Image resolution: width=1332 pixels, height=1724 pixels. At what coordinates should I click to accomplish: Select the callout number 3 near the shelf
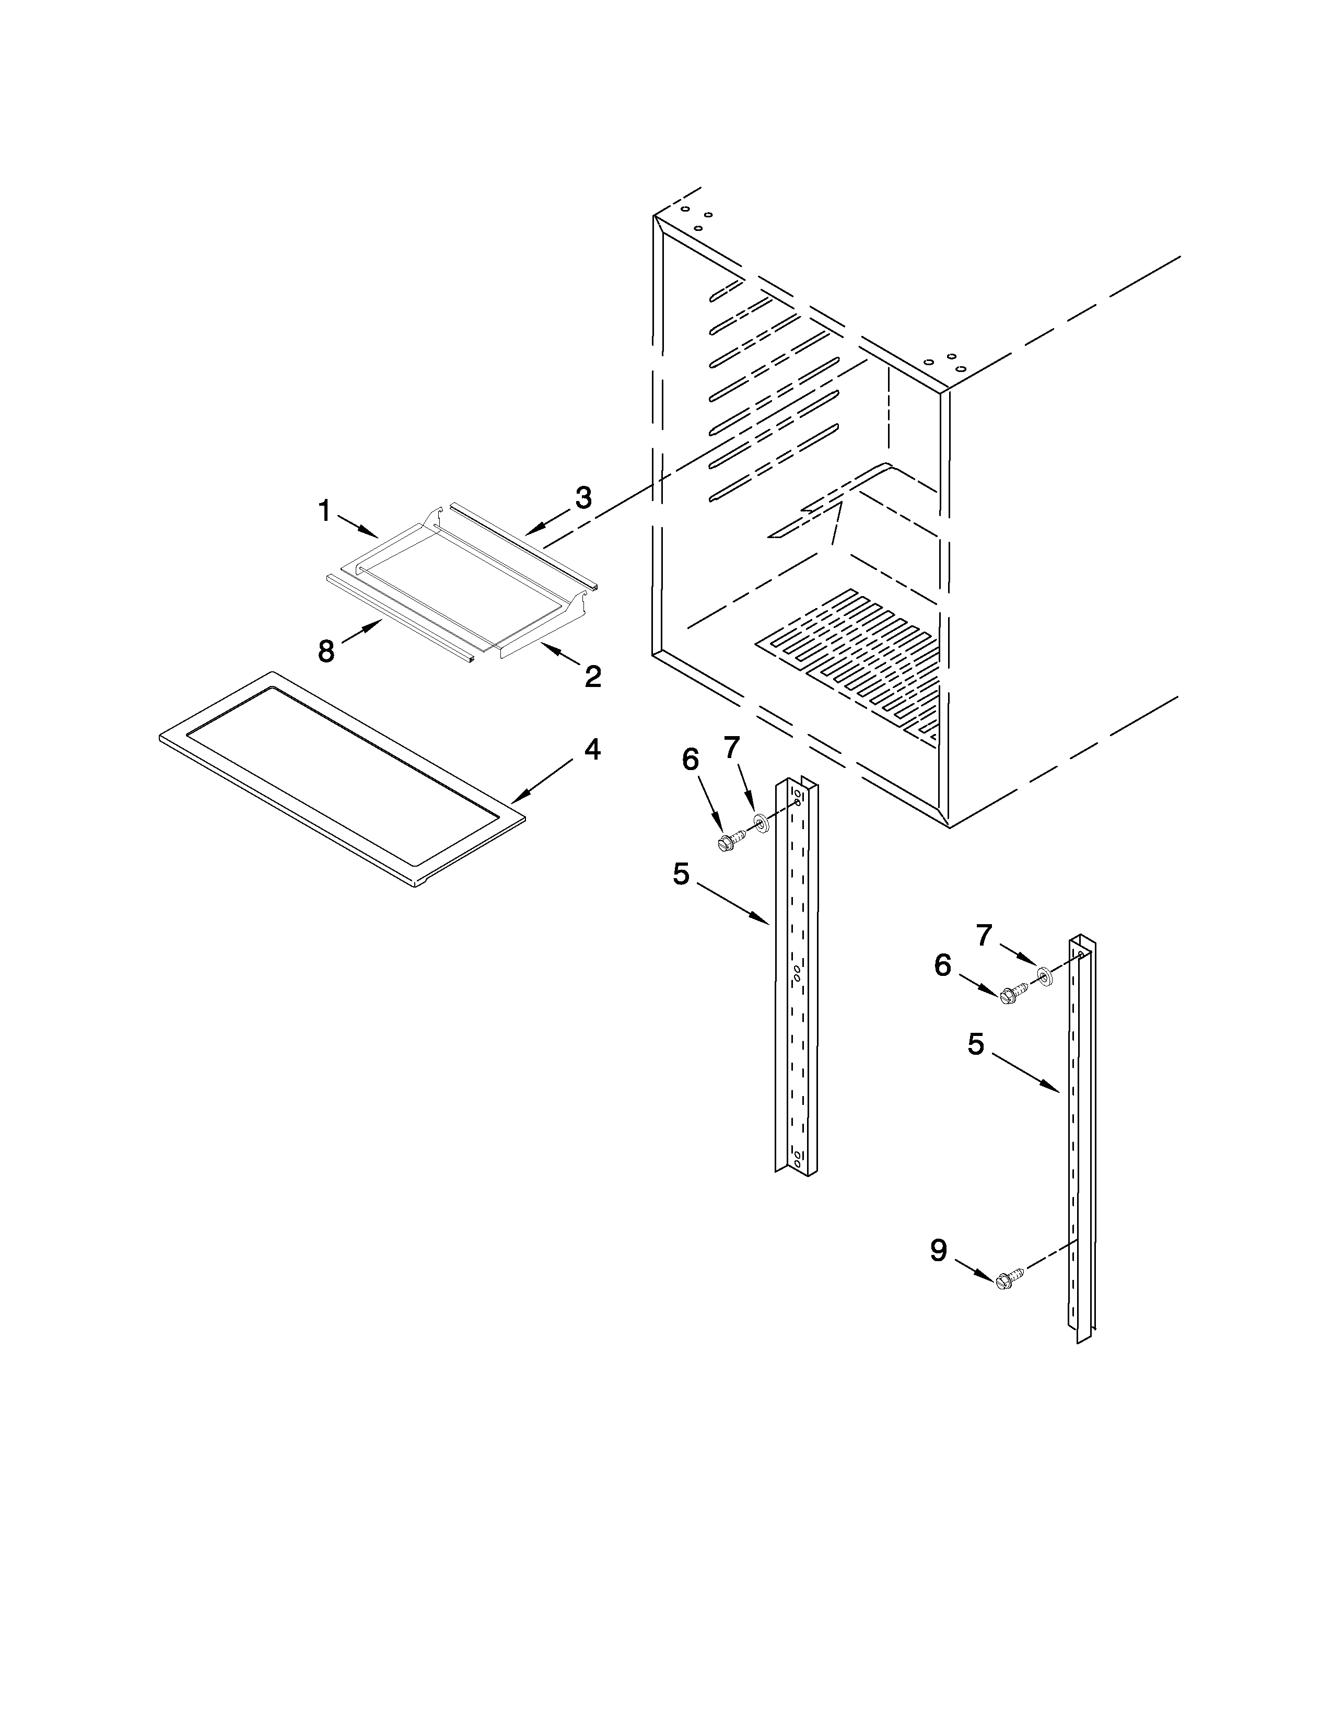coord(582,498)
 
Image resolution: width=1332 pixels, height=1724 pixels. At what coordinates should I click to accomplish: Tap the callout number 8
coord(326,651)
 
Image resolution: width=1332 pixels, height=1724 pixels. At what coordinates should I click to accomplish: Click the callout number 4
coord(592,749)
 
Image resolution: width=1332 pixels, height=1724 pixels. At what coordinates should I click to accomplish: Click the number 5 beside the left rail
coord(681,874)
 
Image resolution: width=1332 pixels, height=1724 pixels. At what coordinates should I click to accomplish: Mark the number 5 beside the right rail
coord(976,1044)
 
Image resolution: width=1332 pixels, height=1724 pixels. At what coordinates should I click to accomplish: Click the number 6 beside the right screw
coord(943,965)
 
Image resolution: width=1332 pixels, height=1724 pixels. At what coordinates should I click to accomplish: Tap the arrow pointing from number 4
coord(544,782)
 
